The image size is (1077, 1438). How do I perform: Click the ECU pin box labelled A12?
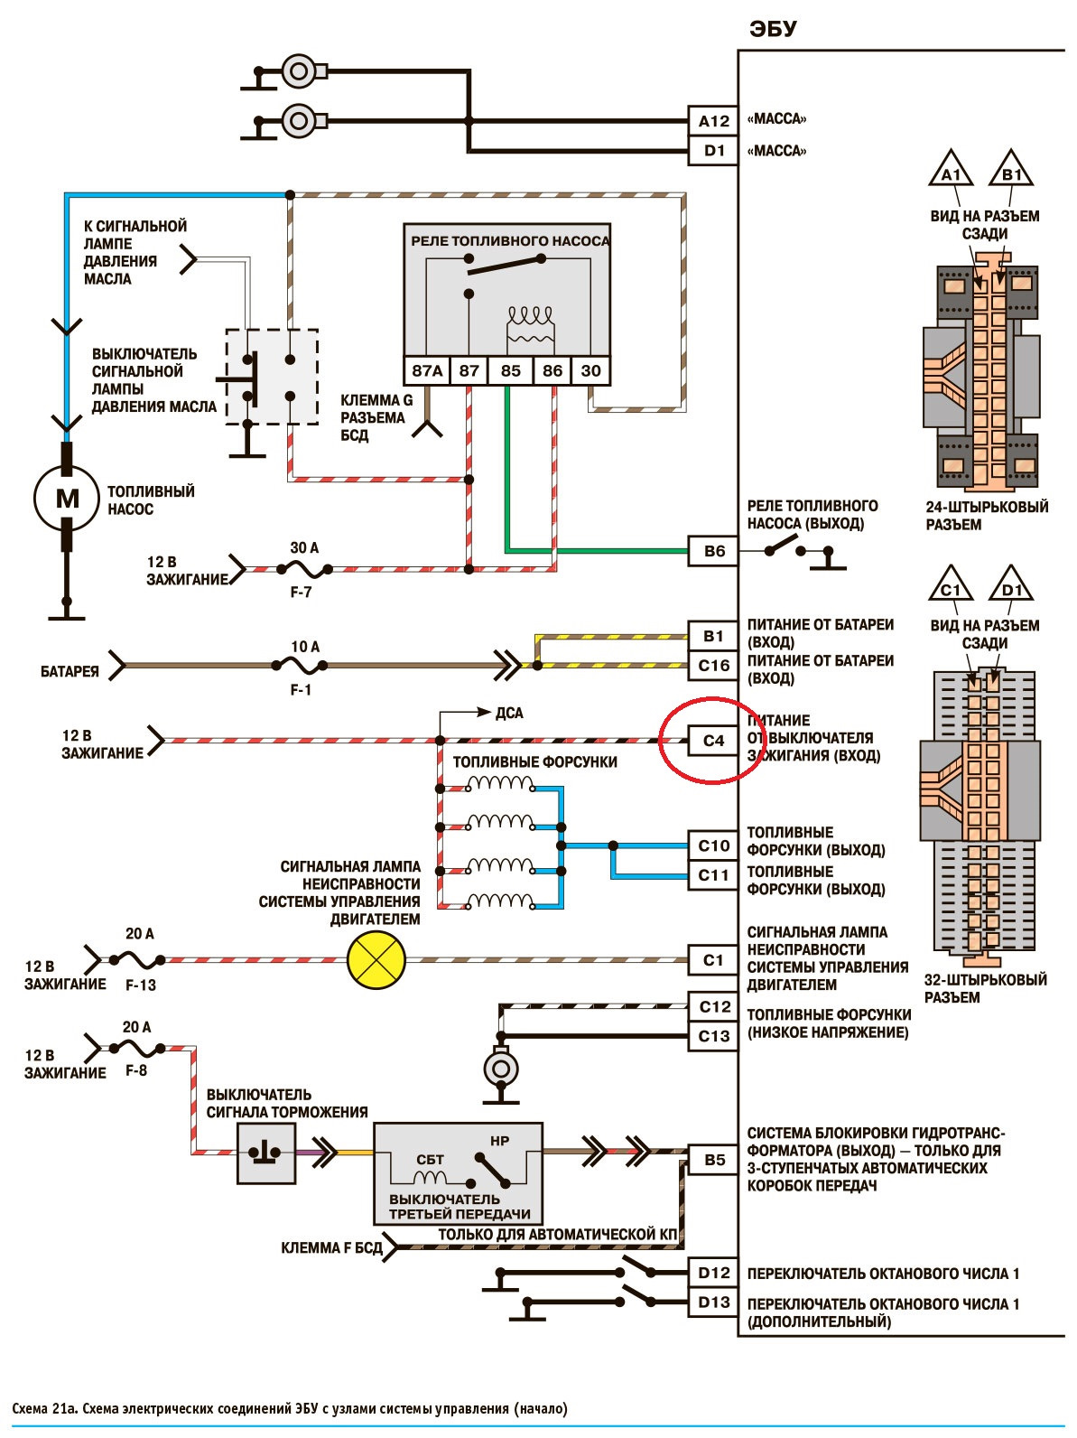[713, 120]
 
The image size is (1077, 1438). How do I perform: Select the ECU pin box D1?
[713, 151]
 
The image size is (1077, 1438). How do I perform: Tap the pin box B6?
[713, 551]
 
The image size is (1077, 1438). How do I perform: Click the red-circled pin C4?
[713, 741]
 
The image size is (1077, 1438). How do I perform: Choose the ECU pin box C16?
[713, 666]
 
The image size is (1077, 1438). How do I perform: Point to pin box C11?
[713, 875]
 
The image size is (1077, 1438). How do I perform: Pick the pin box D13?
[713, 1302]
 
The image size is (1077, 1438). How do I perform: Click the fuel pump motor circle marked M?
[67, 498]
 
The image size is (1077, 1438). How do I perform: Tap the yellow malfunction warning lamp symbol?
[376, 960]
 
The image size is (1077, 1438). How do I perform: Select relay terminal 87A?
[427, 370]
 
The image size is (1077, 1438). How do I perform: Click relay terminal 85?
[511, 370]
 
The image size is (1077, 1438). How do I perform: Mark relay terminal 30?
[591, 370]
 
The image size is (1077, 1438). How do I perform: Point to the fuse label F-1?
[301, 690]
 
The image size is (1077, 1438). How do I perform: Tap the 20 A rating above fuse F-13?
[139, 933]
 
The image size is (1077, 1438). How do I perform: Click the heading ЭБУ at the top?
[773, 29]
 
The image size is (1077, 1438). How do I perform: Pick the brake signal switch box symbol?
[266, 1153]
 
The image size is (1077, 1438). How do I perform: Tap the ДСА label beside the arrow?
[509, 713]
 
